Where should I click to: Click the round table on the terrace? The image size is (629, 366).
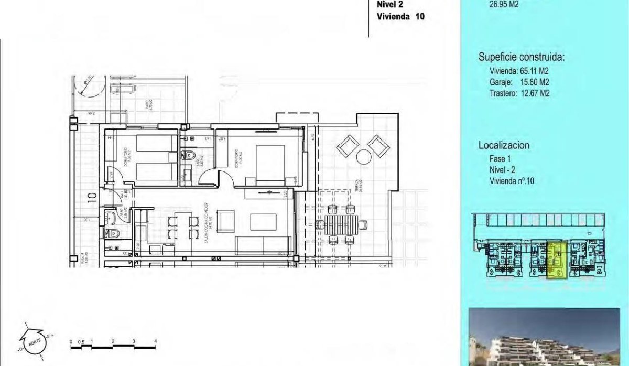pyautogui.click(x=363, y=156)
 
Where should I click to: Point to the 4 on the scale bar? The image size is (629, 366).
pyautogui.click(x=155, y=341)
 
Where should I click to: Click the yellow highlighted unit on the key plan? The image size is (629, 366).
pyautogui.click(x=557, y=260)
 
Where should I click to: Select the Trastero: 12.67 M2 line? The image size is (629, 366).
pyautogui.click(x=515, y=94)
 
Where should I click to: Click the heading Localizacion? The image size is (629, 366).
pyautogui.click(x=504, y=145)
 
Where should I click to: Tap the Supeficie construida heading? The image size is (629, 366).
pyautogui.click(x=522, y=58)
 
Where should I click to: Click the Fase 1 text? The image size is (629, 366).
pyautogui.click(x=493, y=158)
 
